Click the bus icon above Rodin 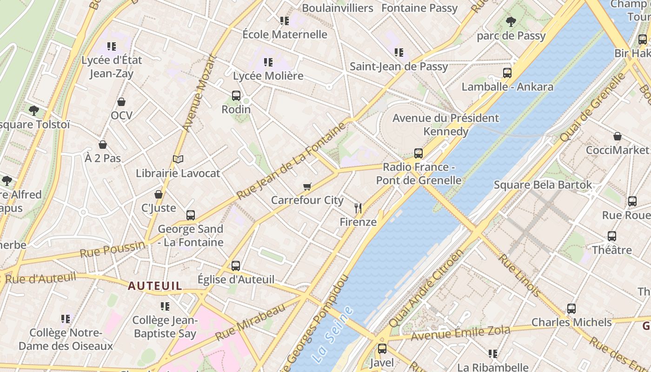pos(236,96)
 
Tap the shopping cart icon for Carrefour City pos(307,187)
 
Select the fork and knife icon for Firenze pos(358,208)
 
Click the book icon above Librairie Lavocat pos(178,159)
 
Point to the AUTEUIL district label pos(155,286)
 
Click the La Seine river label pos(332,334)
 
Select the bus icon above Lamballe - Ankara pos(507,73)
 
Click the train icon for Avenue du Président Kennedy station pos(418,153)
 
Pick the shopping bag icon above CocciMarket pos(617,136)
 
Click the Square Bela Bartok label pos(543,185)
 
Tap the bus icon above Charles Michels pos(571,308)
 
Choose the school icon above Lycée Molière pos(268,62)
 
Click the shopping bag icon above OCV pos(121,102)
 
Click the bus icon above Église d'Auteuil pos(236,266)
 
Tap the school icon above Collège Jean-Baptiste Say pos(165,306)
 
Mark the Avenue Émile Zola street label pos(460,332)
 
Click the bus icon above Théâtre pos(611,236)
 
